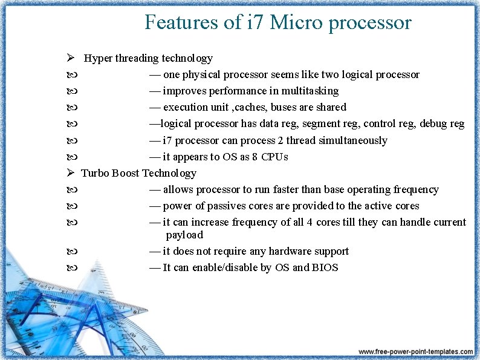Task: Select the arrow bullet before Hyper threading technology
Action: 71,58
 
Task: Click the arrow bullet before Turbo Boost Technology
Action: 71,173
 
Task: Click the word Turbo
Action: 94,173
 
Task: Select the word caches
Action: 251,107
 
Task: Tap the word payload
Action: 184,235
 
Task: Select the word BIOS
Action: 325,267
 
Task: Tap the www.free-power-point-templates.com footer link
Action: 415,352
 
